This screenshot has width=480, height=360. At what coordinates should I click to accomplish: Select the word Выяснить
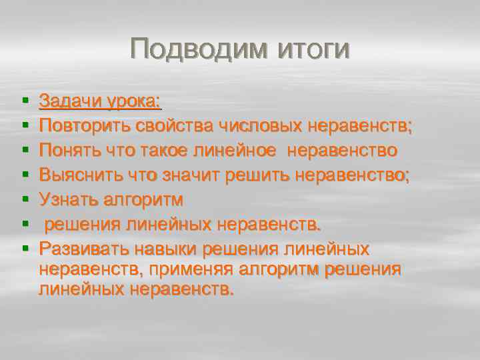point(73,175)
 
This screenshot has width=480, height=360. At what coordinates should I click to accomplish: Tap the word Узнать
point(65,200)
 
